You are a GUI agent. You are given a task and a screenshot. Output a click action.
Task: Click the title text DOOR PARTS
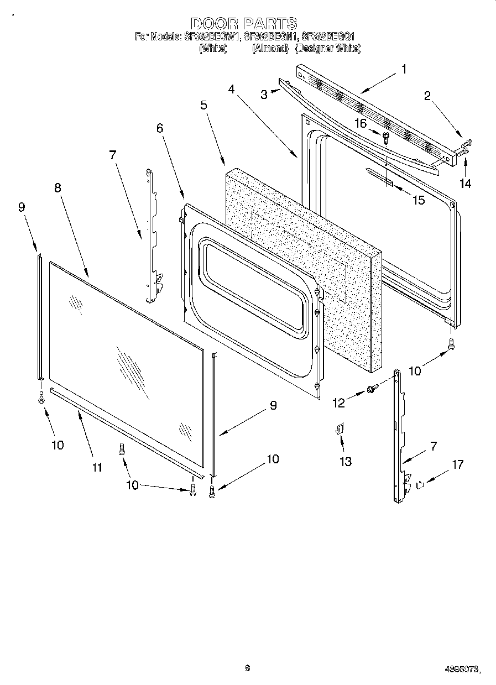[244, 24]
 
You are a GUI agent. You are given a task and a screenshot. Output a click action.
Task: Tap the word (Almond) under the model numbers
[270, 49]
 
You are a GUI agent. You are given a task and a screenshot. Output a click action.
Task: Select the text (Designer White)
[328, 49]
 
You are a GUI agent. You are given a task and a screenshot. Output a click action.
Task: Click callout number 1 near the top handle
[404, 69]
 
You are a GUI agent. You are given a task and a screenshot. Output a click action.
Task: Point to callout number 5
[204, 105]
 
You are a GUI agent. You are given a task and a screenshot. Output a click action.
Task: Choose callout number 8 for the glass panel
[58, 187]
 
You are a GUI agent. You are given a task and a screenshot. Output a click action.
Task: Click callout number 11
[97, 468]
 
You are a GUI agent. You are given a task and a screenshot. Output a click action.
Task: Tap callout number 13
[346, 462]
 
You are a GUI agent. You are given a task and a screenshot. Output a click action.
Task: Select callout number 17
[457, 465]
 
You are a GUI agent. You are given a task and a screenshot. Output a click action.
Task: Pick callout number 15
[419, 200]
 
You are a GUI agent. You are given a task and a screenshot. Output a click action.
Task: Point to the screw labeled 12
[373, 390]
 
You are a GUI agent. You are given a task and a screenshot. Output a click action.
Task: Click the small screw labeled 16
[386, 134]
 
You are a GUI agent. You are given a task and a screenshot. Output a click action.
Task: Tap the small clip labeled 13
[340, 429]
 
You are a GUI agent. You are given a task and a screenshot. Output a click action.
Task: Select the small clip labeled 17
[420, 485]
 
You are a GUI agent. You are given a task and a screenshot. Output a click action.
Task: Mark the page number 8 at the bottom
[247, 668]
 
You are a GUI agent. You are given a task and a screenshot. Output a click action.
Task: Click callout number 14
[466, 184]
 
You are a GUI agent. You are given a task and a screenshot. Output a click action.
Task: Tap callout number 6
[160, 128]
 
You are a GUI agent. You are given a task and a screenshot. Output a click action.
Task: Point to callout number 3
[264, 95]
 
